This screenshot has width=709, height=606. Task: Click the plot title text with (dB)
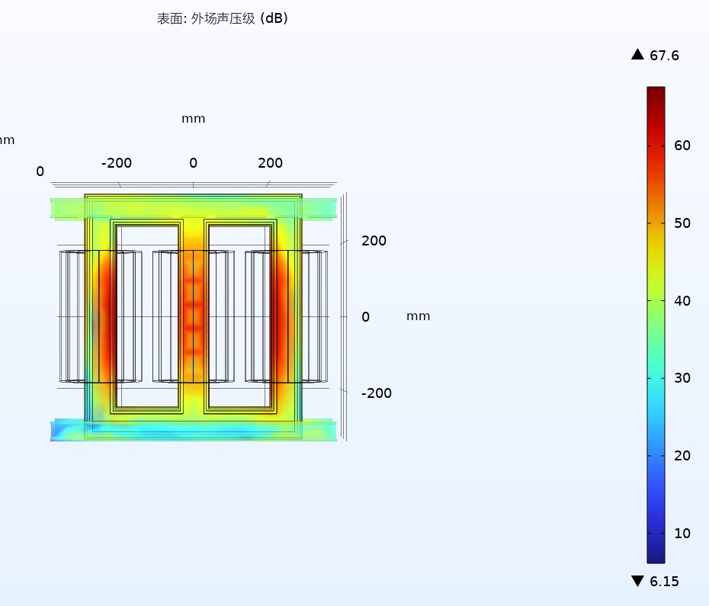tap(222, 18)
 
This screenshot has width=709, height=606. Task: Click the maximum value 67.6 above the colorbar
tap(664, 56)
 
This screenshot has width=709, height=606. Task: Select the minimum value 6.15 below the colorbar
tap(664, 581)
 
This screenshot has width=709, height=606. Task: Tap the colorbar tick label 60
tap(682, 145)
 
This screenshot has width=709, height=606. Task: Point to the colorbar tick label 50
tap(682, 223)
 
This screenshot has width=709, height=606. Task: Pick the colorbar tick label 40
tap(682, 301)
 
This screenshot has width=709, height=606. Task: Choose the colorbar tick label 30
tap(682, 378)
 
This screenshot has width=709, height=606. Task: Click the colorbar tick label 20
tap(682, 455)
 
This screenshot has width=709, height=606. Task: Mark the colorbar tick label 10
tap(682, 533)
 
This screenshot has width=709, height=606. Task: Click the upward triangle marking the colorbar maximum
tap(637, 54)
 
